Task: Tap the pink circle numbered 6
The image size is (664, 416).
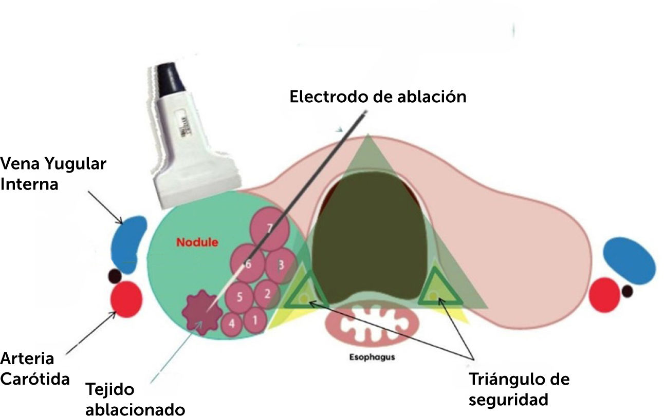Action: [x=248, y=265]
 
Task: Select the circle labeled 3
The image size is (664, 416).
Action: [x=281, y=266]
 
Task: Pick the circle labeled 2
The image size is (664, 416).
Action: [x=267, y=294]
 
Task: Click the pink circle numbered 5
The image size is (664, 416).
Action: [x=239, y=296]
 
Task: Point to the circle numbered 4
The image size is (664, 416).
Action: [x=232, y=324]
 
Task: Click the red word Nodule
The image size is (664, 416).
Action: [x=197, y=242]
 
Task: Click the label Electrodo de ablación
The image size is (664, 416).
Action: [x=378, y=97]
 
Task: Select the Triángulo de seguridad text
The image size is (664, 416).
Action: [x=519, y=389]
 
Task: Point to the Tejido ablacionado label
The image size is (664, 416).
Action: [x=135, y=399]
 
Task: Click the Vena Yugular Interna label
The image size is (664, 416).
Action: [x=53, y=174]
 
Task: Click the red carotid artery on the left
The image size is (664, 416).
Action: [x=127, y=299]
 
